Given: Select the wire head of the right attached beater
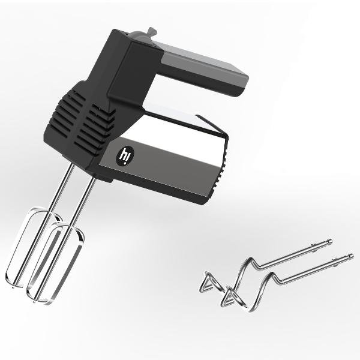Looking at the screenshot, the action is click(55, 264).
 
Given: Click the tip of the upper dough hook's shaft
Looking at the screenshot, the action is click(330, 241).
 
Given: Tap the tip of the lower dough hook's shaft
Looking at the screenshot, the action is click(351, 256).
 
